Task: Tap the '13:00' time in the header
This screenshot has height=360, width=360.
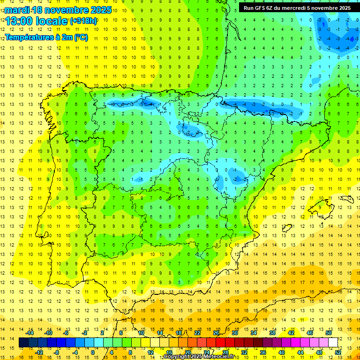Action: [x=19, y=21]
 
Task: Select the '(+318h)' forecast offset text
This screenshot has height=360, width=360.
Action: [x=83, y=21]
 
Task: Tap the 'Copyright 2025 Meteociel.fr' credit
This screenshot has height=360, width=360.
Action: [x=202, y=357]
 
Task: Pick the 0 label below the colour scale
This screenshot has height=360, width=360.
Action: [x=93, y=352]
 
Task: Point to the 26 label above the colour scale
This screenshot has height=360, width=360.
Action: [x=216, y=332]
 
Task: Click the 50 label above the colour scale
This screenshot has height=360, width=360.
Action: [x=328, y=332]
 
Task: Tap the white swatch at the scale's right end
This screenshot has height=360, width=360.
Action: [x=333, y=343]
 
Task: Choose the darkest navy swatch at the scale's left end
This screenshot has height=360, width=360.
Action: [x=23, y=343]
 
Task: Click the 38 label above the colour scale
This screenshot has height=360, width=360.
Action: [x=272, y=332]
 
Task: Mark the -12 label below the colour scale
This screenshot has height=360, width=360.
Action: [x=39, y=352]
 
